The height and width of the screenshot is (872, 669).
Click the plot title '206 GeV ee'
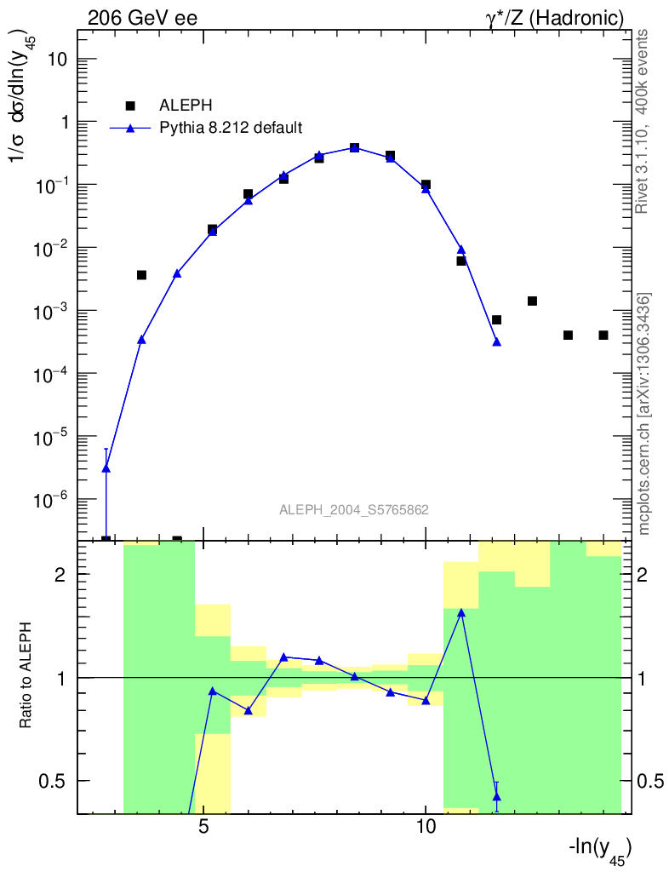[142, 18]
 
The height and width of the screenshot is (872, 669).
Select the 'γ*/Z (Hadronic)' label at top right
[554, 18]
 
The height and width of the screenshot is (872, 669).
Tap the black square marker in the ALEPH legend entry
[130, 106]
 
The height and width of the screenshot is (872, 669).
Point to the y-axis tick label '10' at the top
[57, 60]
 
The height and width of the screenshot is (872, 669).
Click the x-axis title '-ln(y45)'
[599, 849]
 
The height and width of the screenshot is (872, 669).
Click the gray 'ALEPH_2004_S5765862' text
[353, 510]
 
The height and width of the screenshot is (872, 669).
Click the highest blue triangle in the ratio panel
[461, 612]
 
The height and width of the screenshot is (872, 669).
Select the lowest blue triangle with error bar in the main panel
[106, 468]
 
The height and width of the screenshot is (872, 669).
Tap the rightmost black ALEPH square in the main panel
[603, 336]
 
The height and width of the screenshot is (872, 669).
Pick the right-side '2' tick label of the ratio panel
[644, 575]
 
